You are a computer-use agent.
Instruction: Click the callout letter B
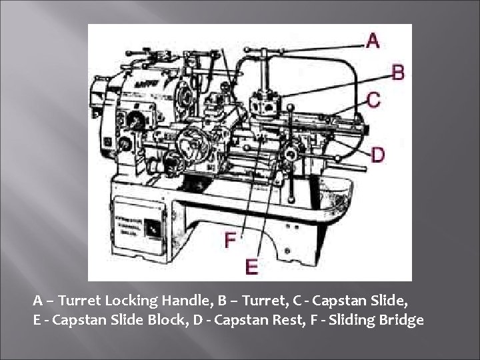pyautogui.click(x=397, y=71)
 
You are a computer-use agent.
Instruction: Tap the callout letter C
pyautogui.click(x=373, y=100)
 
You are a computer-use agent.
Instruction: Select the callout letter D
pyautogui.click(x=377, y=154)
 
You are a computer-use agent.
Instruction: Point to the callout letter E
pyautogui.click(x=251, y=267)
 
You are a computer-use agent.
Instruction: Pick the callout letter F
pyautogui.click(x=229, y=239)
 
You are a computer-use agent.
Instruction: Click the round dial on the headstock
pyautogui.click(x=135, y=122)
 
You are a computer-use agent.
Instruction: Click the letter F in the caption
pyautogui.click(x=313, y=320)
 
